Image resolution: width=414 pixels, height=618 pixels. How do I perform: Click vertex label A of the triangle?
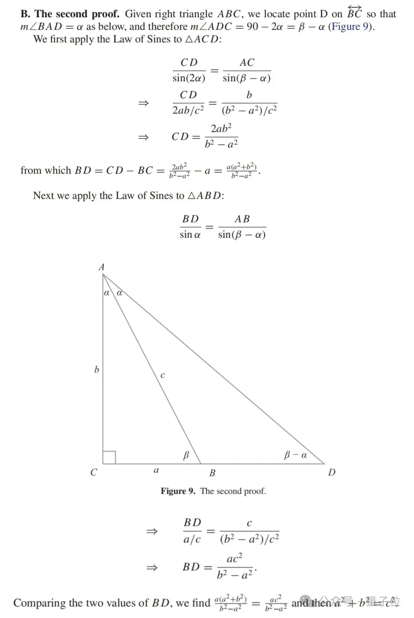[x=102, y=267]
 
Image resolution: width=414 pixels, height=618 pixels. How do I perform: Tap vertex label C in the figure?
[x=94, y=472]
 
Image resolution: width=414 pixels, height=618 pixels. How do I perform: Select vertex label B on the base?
[x=212, y=473]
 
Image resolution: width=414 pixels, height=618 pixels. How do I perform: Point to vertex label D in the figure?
[x=332, y=472]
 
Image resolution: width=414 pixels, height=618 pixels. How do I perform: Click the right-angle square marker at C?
[x=109, y=457]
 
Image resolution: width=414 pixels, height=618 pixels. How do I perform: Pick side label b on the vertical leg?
[x=97, y=369]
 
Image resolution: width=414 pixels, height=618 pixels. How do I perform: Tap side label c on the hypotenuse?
[x=163, y=375]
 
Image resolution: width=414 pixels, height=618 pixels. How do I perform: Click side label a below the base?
[x=156, y=470]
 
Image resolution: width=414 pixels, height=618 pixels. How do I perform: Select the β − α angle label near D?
[x=295, y=455]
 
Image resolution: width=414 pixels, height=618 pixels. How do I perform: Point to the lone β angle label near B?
[x=186, y=455]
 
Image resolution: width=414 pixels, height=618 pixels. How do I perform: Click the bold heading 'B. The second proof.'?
[x=70, y=14]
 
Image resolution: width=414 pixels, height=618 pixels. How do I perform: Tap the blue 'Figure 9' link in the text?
[x=350, y=27]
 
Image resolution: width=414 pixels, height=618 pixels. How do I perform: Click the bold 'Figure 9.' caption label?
[x=178, y=491]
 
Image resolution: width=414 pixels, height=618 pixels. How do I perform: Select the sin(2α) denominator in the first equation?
[x=189, y=78]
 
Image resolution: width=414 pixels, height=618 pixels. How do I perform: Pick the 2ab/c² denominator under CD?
[x=188, y=110]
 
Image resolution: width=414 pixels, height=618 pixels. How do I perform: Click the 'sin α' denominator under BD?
[x=190, y=235]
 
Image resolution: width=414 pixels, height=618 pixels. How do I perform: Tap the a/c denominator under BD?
[x=192, y=539]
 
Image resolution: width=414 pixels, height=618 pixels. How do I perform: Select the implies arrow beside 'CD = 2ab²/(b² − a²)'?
[x=143, y=137]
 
